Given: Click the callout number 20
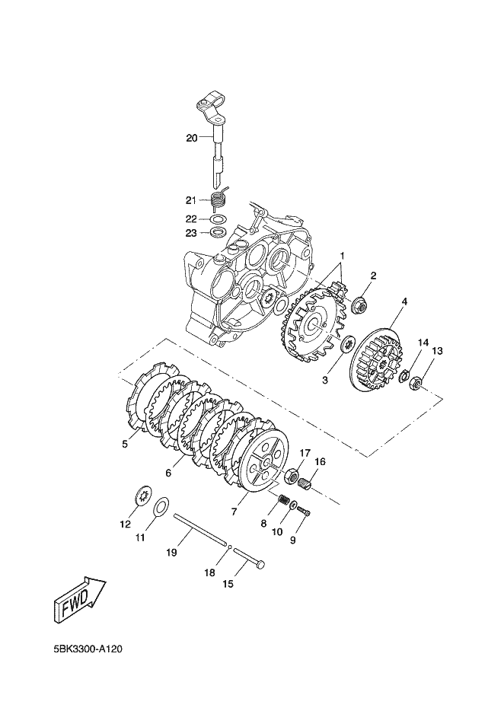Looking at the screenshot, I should (x=191, y=138).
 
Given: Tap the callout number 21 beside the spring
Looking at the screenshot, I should (x=191, y=200).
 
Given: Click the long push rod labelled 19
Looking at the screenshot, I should (x=200, y=531).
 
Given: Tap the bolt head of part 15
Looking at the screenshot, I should (x=261, y=565).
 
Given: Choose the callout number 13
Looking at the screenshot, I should (x=437, y=351).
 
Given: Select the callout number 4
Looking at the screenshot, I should (x=404, y=301).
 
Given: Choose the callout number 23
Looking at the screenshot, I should (x=191, y=233).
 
